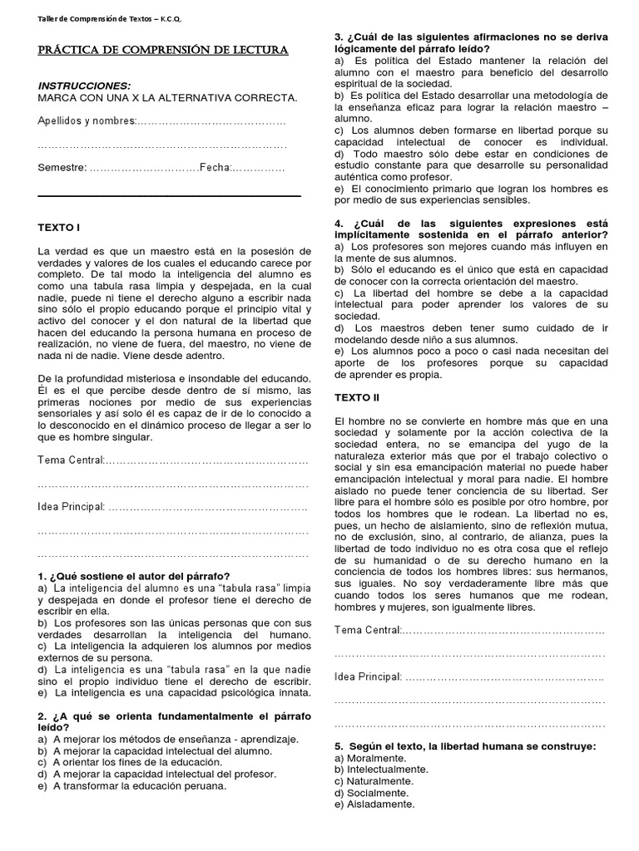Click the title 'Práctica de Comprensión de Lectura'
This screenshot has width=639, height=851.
163,52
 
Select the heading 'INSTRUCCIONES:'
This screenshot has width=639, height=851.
84,86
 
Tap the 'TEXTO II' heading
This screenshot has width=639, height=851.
356,398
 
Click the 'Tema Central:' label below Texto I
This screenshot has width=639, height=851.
71,460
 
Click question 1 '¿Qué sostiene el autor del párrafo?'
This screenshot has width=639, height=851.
134,576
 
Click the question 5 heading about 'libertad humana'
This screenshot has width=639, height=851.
464,746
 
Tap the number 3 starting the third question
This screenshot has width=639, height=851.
338,37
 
